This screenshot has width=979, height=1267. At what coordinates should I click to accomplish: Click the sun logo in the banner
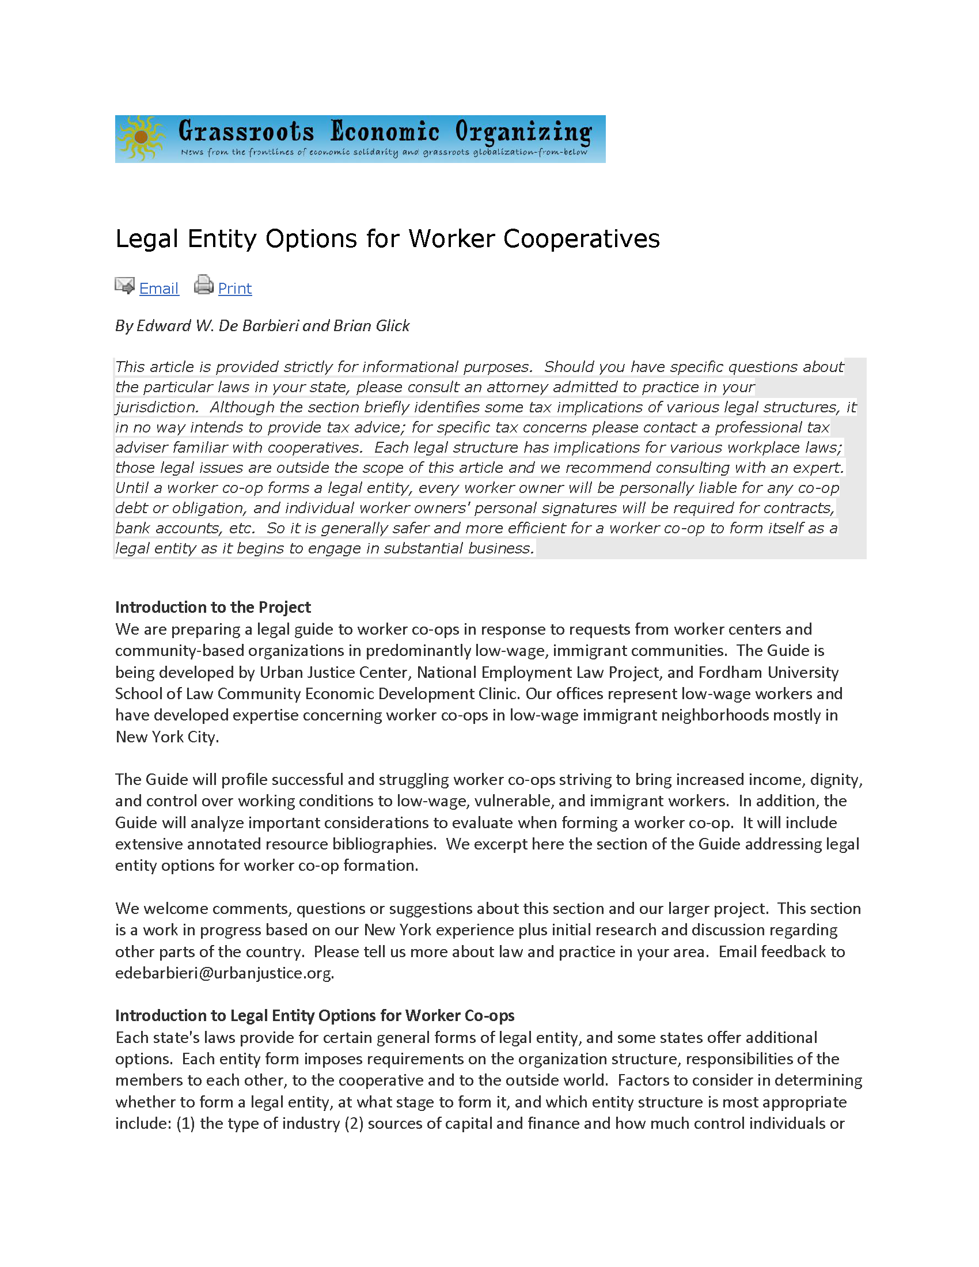point(141,138)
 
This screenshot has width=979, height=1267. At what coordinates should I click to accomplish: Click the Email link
point(159,289)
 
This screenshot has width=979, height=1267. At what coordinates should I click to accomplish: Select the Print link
point(235,289)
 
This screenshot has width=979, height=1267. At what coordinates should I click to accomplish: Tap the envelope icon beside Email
point(125,286)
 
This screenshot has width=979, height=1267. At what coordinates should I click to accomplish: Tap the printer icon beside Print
point(203,284)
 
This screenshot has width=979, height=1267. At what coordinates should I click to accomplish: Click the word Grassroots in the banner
point(246,131)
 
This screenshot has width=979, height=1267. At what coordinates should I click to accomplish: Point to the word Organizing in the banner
point(523,132)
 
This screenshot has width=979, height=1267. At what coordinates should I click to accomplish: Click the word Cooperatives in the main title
point(581,238)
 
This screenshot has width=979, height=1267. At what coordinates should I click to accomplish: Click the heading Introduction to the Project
point(213,607)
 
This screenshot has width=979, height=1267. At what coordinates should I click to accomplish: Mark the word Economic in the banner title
point(385,131)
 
